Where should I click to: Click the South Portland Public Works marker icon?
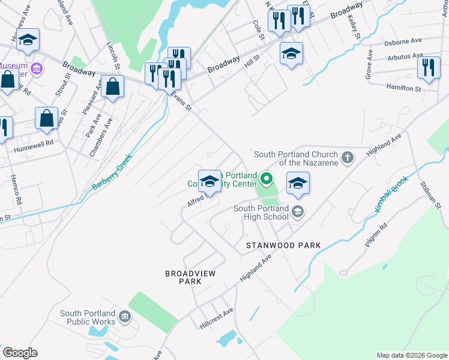coord(124,316)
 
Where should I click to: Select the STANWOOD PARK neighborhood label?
coord(283,245)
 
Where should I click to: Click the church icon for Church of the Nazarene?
coord(347,158)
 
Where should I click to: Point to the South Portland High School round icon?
coord(298,211)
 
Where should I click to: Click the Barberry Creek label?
coord(112,172)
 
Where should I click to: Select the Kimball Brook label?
coord(391,196)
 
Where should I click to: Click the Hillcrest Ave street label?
coord(216,319)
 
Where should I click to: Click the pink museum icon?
coord(36,69)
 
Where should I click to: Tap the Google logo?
coord(20,353)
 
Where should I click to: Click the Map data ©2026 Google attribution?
coord(411,355)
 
